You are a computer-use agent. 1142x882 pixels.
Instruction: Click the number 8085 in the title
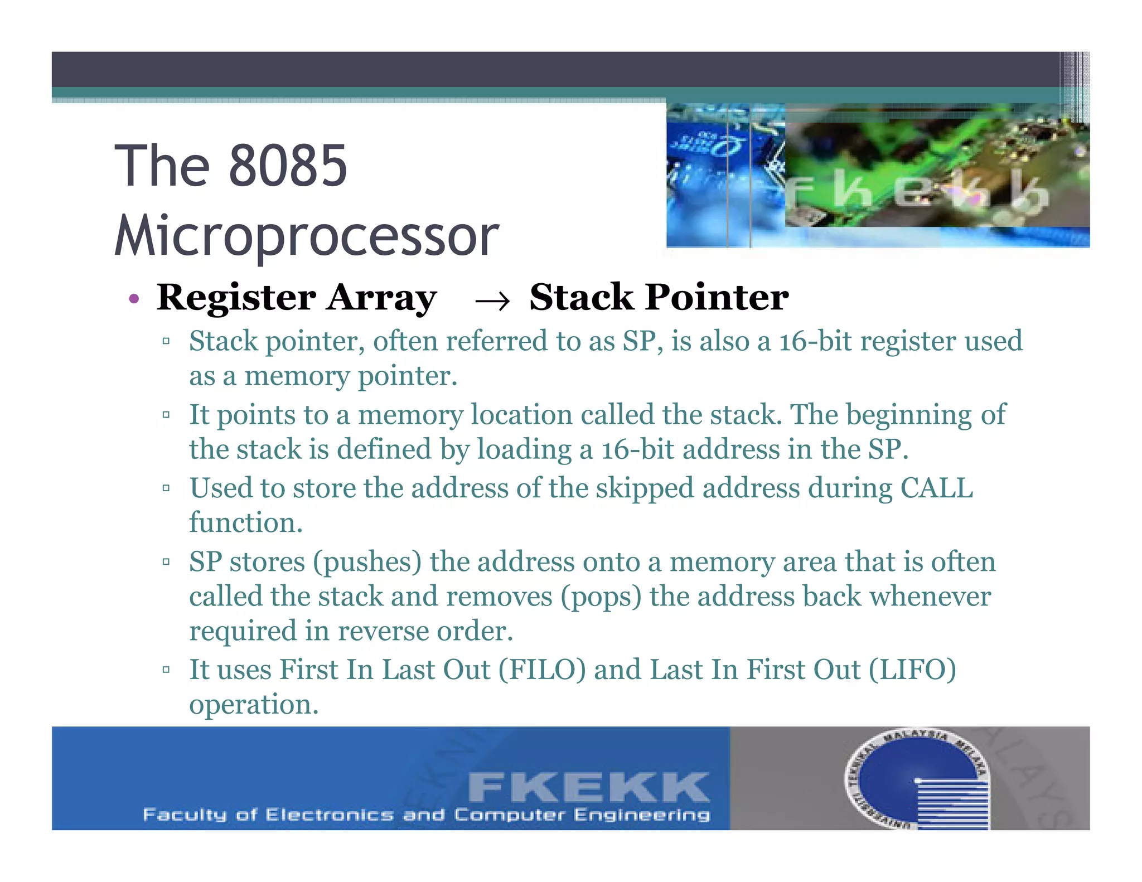288,166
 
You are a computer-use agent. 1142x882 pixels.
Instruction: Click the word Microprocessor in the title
307,236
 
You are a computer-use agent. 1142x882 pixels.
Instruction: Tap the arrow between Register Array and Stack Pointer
492,302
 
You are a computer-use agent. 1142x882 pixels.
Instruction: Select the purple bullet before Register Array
133,299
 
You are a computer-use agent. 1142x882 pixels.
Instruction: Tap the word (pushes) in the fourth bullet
367,562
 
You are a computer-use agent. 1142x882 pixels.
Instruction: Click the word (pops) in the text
601,597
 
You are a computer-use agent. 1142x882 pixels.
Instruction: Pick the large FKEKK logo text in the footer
588,788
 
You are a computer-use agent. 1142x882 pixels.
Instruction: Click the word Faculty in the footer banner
185,815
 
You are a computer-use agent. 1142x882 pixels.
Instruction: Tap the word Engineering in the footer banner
642,815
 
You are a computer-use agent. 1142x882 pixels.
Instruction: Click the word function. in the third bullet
246,523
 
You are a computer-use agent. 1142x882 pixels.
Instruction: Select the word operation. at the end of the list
254,705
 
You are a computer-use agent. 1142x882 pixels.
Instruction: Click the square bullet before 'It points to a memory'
166,415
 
